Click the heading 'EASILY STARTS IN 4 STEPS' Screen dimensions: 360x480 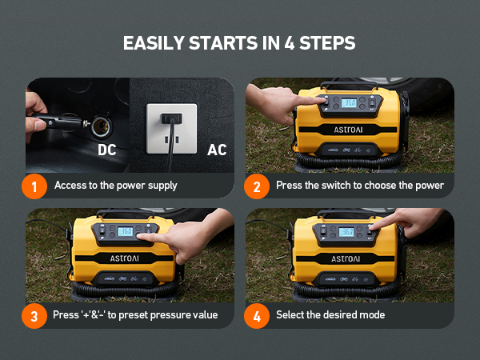[x=239, y=42]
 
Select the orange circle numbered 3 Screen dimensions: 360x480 [x=34, y=314]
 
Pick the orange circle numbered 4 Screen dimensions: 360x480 [x=256, y=314]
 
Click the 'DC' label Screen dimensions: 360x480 [x=108, y=150]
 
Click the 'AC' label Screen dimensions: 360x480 [x=217, y=150]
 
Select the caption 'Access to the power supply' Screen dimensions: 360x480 [x=116, y=186]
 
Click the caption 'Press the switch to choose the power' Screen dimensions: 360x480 [x=358, y=186]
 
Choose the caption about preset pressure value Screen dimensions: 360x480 [x=136, y=314]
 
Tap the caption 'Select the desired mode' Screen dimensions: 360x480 [x=330, y=314]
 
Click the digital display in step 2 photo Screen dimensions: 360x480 [x=349, y=102]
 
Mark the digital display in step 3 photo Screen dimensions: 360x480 [x=126, y=232]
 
